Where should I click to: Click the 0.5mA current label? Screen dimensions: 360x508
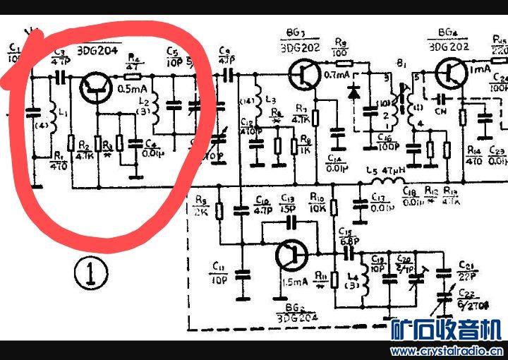coord(132,89)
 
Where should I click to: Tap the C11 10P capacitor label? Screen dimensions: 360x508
coord(217,270)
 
